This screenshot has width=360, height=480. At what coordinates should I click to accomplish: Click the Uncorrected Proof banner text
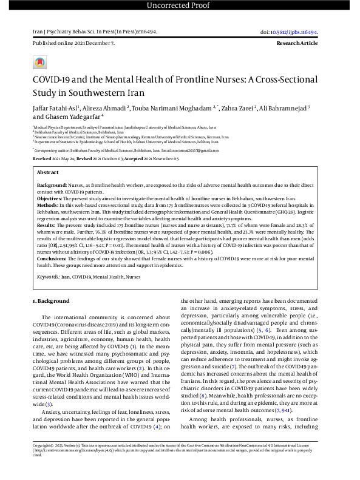(180, 5)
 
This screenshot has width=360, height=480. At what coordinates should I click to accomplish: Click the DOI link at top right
(297, 32)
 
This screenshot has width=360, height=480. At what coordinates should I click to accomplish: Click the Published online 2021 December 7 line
(73, 44)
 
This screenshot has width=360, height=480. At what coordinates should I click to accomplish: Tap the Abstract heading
(48, 173)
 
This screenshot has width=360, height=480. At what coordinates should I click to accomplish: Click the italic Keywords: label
(48, 276)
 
